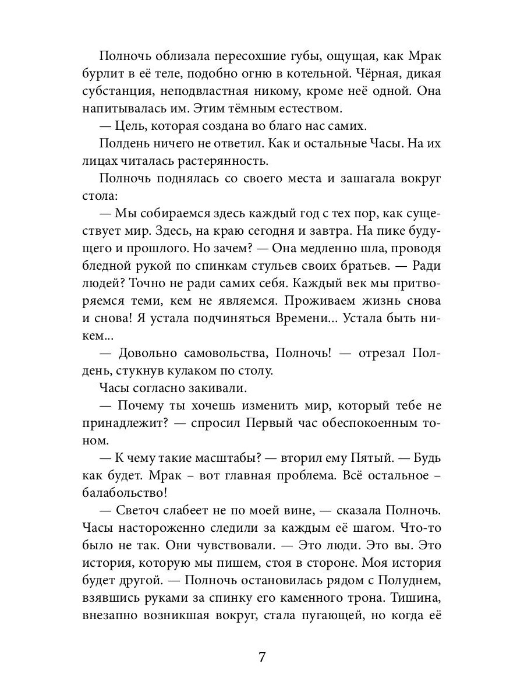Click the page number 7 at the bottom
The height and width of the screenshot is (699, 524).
click(x=262, y=657)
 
